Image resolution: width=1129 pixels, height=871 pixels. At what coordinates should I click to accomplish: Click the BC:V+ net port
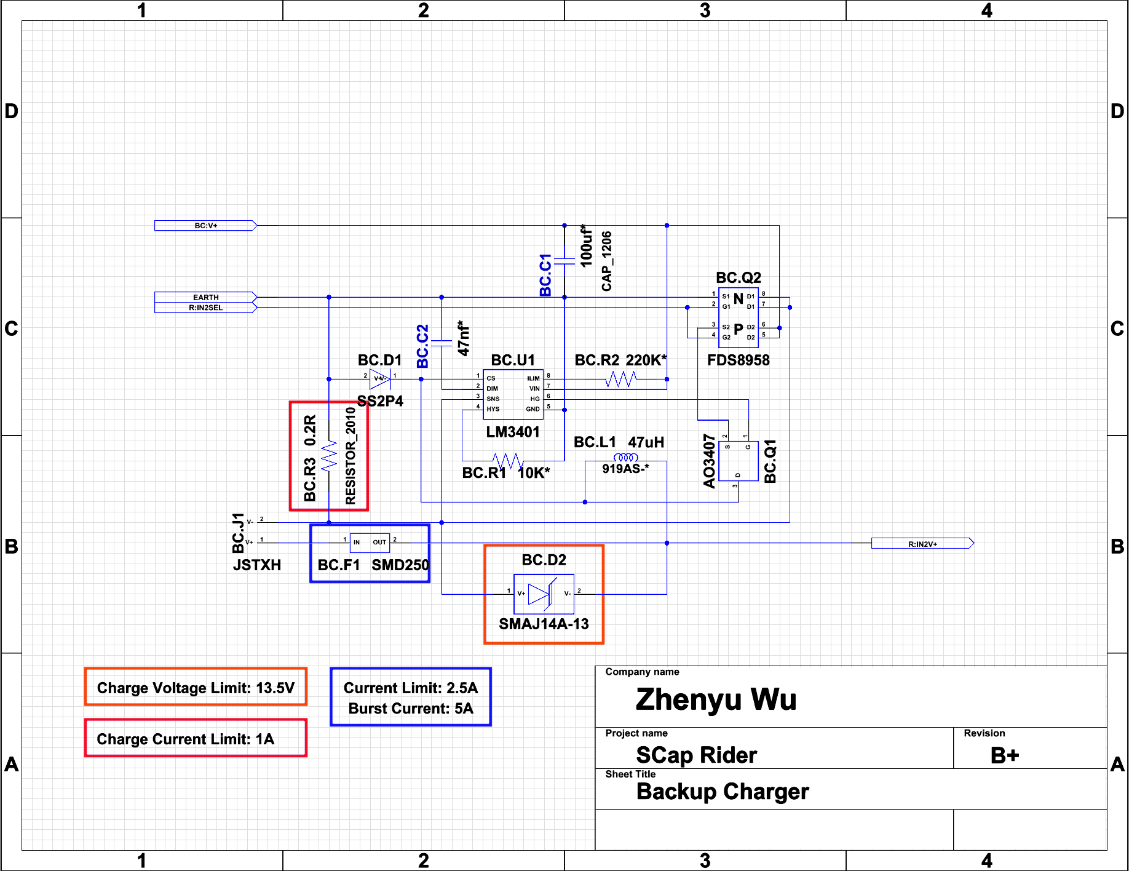[x=205, y=226]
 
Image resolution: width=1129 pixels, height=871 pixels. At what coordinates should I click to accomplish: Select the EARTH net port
[x=205, y=297]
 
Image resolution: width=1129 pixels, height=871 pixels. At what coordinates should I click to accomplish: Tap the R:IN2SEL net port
[x=205, y=308]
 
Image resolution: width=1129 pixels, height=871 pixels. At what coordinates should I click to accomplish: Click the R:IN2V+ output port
[x=922, y=544]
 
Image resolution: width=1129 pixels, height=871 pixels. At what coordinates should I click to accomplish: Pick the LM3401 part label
[x=513, y=432]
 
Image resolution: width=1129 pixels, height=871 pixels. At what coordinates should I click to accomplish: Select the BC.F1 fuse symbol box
[x=370, y=543]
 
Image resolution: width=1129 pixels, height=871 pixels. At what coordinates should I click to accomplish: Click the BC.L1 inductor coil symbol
[x=625, y=458]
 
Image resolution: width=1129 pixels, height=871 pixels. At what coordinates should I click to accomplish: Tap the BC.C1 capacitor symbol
[x=564, y=261]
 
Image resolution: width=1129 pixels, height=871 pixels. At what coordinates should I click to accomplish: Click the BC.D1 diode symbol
[x=380, y=378]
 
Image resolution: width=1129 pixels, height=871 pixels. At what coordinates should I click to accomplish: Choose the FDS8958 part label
[x=738, y=360]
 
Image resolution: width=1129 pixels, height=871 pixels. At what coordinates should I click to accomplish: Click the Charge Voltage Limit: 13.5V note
[x=196, y=688]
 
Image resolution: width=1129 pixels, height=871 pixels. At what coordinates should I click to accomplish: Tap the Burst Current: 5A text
[x=411, y=709]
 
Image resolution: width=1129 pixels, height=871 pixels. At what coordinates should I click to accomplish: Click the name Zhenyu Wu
[x=716, y=699]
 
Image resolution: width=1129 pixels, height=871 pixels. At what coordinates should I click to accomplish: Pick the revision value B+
[x=1004, y=755]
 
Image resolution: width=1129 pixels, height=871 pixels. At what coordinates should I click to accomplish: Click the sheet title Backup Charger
[x=723, y=792]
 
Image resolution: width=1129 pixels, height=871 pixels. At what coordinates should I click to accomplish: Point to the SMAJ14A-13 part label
[x=544, y=624]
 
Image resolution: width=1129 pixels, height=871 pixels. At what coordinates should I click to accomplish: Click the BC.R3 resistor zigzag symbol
[x=329, y=456]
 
